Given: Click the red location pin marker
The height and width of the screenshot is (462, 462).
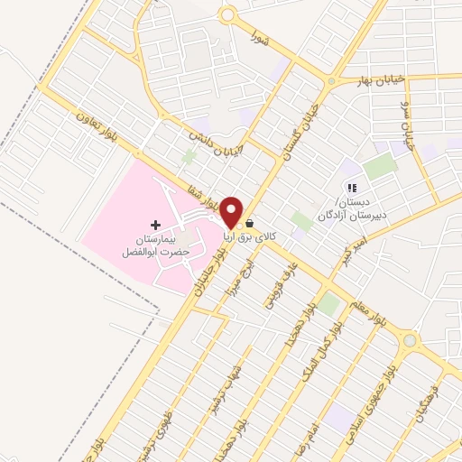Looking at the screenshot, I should tap(232, 212).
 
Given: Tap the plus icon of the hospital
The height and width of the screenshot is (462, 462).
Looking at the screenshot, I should tap(155, 224).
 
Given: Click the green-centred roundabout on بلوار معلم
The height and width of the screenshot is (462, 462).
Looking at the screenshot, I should tap(412, 341).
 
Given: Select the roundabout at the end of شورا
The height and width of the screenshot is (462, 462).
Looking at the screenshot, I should tap(227, 15).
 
